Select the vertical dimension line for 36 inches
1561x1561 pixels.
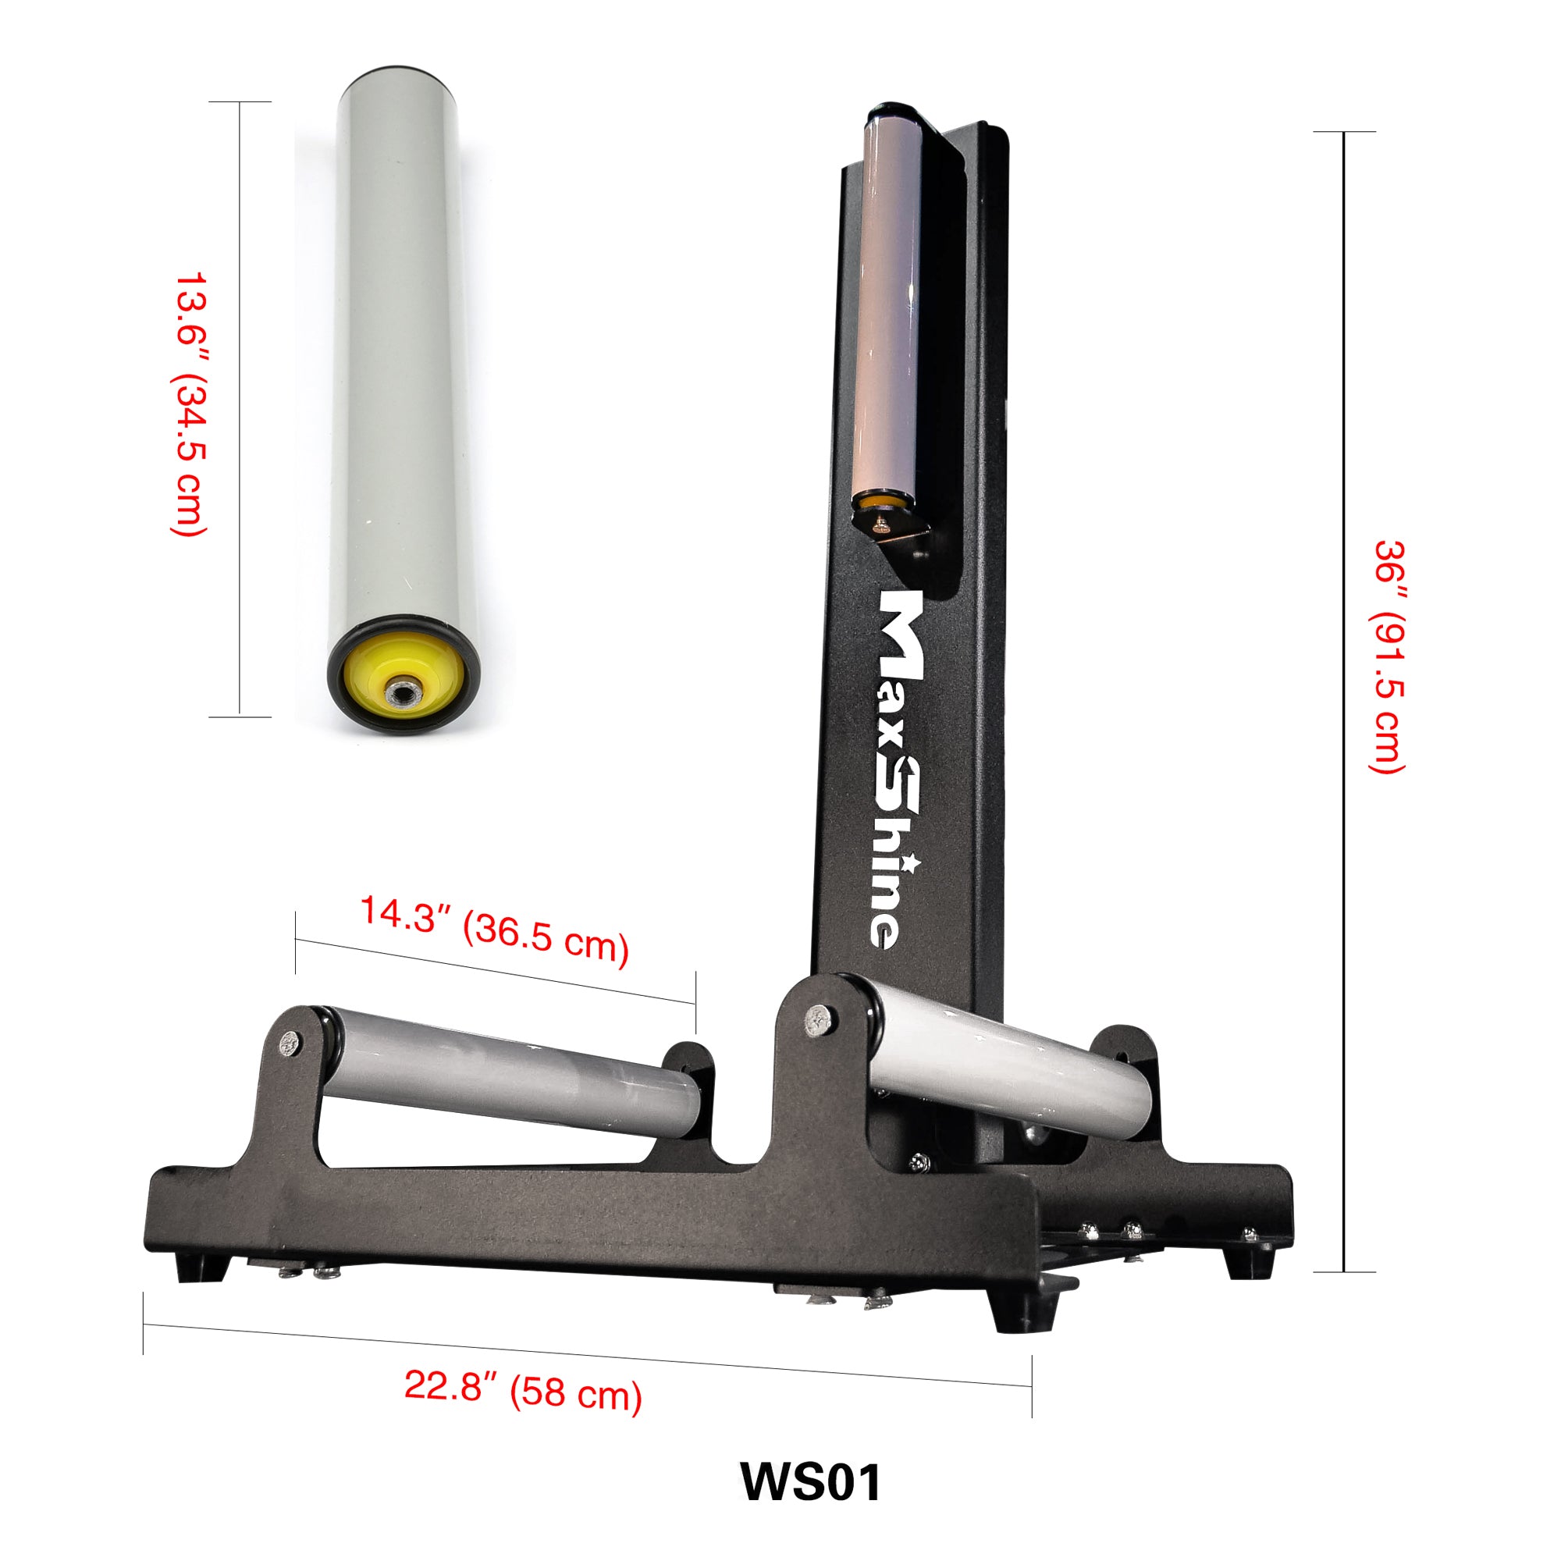[1344, 703]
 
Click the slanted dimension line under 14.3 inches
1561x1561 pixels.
[495, 971]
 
